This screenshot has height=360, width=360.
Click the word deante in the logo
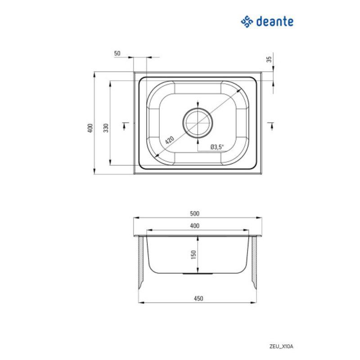275,21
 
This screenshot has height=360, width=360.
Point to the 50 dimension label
117,53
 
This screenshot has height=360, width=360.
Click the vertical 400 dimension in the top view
90,128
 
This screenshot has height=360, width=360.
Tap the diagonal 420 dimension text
169,140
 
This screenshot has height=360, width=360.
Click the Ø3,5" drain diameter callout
216,147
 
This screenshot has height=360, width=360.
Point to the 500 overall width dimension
194,214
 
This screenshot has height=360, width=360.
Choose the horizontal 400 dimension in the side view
194,226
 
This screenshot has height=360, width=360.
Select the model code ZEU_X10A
283,346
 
